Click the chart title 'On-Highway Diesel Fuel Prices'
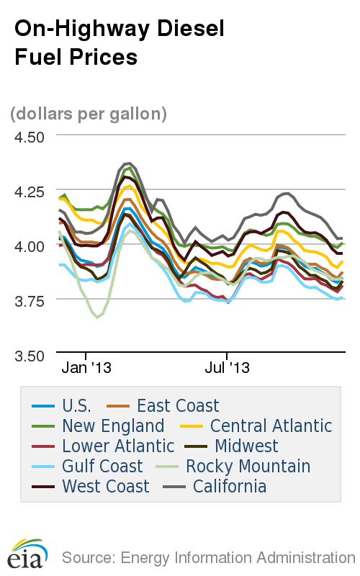click(x=120, y=42)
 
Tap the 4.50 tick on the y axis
click(x=30, y=136)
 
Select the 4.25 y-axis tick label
click(x=30, y=192)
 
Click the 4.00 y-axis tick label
click(x=30, y=246)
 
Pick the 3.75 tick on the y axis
click(x=30, y=300)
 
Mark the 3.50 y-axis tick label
click(x=30, y=355)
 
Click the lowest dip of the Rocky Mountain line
click(x=97, y=317)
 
